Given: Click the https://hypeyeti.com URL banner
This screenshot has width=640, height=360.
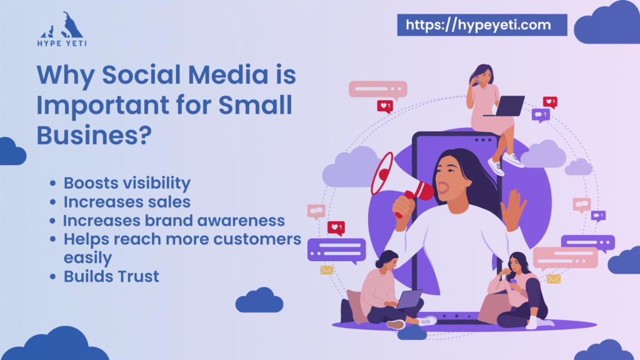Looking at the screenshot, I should [x=482, y=24].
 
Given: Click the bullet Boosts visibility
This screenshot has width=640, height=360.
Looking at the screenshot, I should [x=127, y=183].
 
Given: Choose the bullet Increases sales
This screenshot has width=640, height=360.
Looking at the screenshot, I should [x=127, y=202].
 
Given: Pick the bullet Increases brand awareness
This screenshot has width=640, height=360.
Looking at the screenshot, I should [x=174, y=221].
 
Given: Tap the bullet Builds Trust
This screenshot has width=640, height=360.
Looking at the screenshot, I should [x=111, y=276].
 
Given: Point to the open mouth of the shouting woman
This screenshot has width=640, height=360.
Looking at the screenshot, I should [x=445, y=185].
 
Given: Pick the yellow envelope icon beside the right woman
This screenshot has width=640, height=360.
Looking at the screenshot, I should [x=553, y=279].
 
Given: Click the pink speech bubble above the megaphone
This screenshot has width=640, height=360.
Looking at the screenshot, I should [x=377, y=89].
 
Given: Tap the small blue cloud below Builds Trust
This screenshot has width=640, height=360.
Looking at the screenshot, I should [x=259, y=300].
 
